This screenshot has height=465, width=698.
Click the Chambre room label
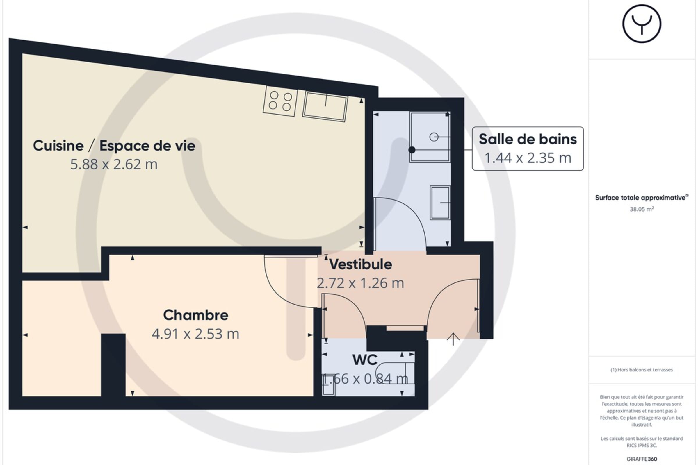click(195, 315)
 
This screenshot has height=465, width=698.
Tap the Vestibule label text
click(361, 264)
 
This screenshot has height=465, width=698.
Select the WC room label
click(365, 360)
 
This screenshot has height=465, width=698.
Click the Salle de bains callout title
click(528, 139)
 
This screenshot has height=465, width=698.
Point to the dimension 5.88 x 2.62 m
click(114, 164)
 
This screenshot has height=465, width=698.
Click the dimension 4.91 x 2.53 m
click(195, 334)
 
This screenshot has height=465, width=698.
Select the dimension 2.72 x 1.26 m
click(360, 283)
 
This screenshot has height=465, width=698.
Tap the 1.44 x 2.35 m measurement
click(528, 158)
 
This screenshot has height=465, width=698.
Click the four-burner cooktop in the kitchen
click(280, 101)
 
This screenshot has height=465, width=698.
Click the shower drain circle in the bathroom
click(434, 137)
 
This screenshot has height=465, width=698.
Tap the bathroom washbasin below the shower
click(440, 203)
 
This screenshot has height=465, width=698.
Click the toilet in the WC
click(395, 373)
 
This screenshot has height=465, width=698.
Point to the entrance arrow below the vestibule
click(453, 339)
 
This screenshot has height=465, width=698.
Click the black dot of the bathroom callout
click(412, 150)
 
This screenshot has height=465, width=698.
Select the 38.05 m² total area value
click(642, 209)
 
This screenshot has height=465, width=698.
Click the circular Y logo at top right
click(642, 24)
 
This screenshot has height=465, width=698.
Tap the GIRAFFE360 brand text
click(642, 459)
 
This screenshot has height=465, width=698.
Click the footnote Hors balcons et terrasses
click(642, 370)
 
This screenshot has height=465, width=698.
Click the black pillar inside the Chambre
click(113, 365)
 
